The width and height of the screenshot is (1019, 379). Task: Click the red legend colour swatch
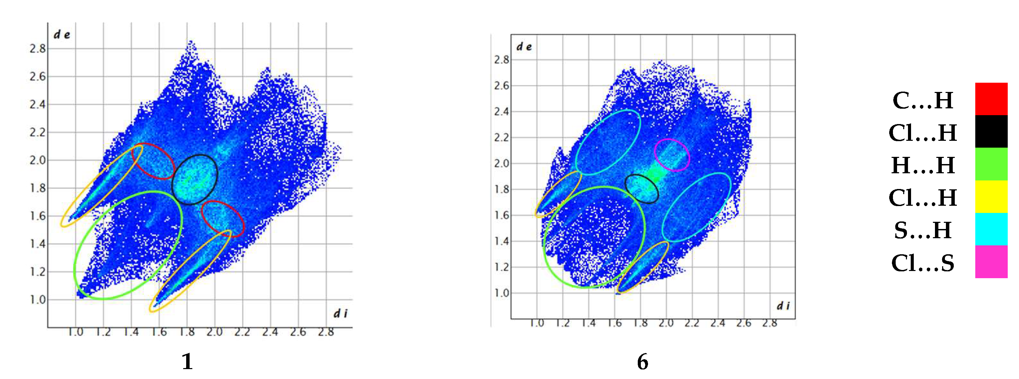pos(991,99)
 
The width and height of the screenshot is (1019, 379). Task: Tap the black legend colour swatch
pos(991,131)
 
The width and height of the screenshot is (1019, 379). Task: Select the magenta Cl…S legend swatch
pos(991,261)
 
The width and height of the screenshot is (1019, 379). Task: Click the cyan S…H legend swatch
pos(991,229)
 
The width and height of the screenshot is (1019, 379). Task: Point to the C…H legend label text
pos(923,100)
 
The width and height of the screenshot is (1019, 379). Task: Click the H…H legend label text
pos(923,165)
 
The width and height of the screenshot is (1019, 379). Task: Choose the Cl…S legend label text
pos(923,263)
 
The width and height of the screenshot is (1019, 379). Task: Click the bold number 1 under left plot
pos(187,361)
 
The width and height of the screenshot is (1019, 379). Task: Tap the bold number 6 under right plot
pos(643,362)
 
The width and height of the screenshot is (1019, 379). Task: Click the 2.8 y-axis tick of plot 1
pos(38,49)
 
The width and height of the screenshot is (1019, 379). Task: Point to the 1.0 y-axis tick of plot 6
pos(501,293)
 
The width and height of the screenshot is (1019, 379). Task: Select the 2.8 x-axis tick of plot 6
pos(769,323)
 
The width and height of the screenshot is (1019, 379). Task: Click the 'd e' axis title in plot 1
pos(62,35)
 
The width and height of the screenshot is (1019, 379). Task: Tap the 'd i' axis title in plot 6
pos(783,306)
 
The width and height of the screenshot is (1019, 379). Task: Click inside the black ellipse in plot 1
pos(195,179)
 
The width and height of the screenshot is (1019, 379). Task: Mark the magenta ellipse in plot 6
pos(672,155)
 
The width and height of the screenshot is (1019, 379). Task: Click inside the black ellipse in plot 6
pos(642,189)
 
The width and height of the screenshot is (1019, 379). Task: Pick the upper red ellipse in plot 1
pos(153,161)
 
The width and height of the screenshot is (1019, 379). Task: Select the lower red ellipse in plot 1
pos(223,219)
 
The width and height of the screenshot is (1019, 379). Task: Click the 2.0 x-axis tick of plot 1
pos(215,332)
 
